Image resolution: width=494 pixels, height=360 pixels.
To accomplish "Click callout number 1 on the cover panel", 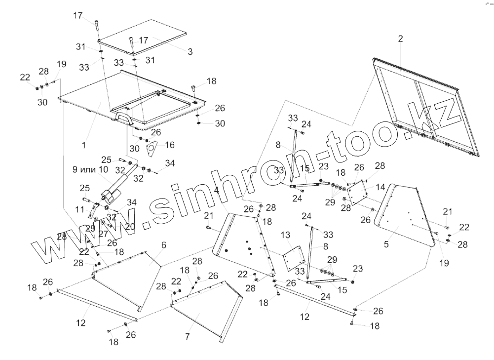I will pos(84,146).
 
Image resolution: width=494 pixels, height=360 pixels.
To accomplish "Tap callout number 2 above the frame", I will pos(400,38).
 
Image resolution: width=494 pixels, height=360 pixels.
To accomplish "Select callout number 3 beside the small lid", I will pos(190,51).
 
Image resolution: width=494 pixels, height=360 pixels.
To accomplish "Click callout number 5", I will pos(386,243).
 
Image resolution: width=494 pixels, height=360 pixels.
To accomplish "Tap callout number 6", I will pos(163,245).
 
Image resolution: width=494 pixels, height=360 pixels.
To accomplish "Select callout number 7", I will pos(187,337).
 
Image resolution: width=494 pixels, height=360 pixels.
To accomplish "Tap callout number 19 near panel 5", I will pos(444,263).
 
